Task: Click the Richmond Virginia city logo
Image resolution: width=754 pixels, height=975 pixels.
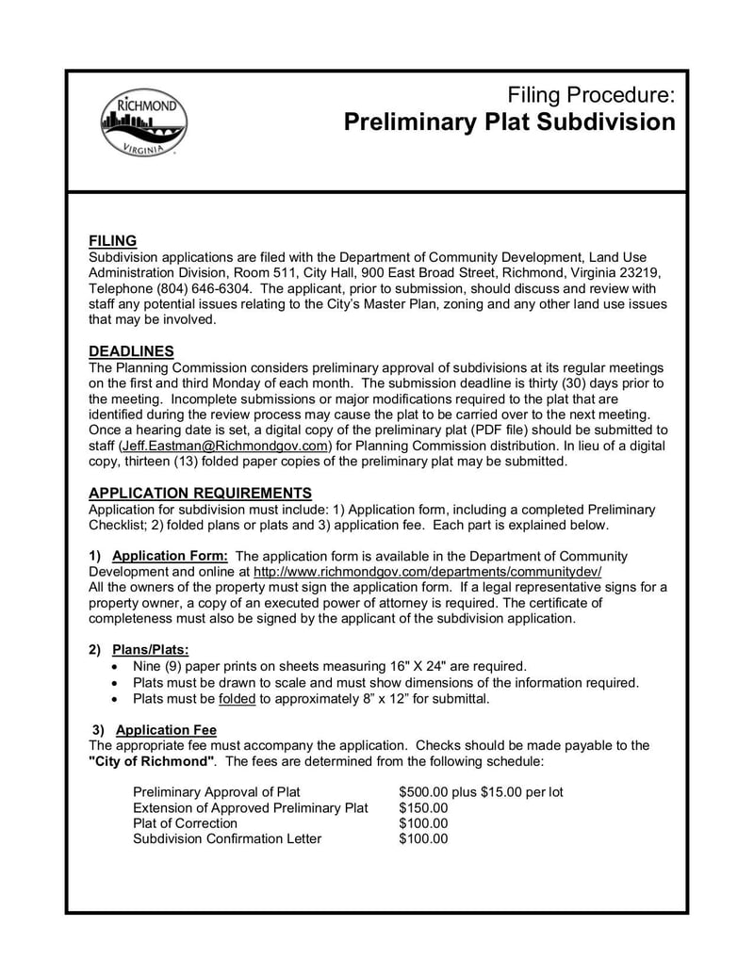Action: (143, 124)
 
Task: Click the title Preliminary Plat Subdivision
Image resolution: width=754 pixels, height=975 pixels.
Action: (509, 122)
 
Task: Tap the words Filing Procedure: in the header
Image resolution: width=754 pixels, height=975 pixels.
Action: (591, 94)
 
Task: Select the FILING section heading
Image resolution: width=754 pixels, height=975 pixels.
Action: (112, 241)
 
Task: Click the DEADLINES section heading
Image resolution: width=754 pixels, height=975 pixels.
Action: (131, 351)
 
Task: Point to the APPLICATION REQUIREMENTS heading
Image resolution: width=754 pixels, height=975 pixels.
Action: (200, 493)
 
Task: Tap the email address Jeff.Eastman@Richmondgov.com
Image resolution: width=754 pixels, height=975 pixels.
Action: (225, 446)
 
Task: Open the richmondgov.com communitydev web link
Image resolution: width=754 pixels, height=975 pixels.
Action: (427, 572)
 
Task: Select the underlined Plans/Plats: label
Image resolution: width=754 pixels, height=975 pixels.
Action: (150, 650)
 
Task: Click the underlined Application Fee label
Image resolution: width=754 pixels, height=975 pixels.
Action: (166, 730)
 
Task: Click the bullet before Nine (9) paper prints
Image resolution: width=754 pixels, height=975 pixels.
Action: (114, 667)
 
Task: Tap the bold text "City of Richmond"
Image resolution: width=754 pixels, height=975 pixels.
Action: (153, 761)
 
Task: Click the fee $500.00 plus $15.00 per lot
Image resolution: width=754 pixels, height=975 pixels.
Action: (481, 792)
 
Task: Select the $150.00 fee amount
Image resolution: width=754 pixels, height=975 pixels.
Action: (423, 808)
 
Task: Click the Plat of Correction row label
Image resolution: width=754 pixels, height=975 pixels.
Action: (186, 823)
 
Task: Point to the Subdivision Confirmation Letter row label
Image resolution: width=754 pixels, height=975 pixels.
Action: (227, 839)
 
